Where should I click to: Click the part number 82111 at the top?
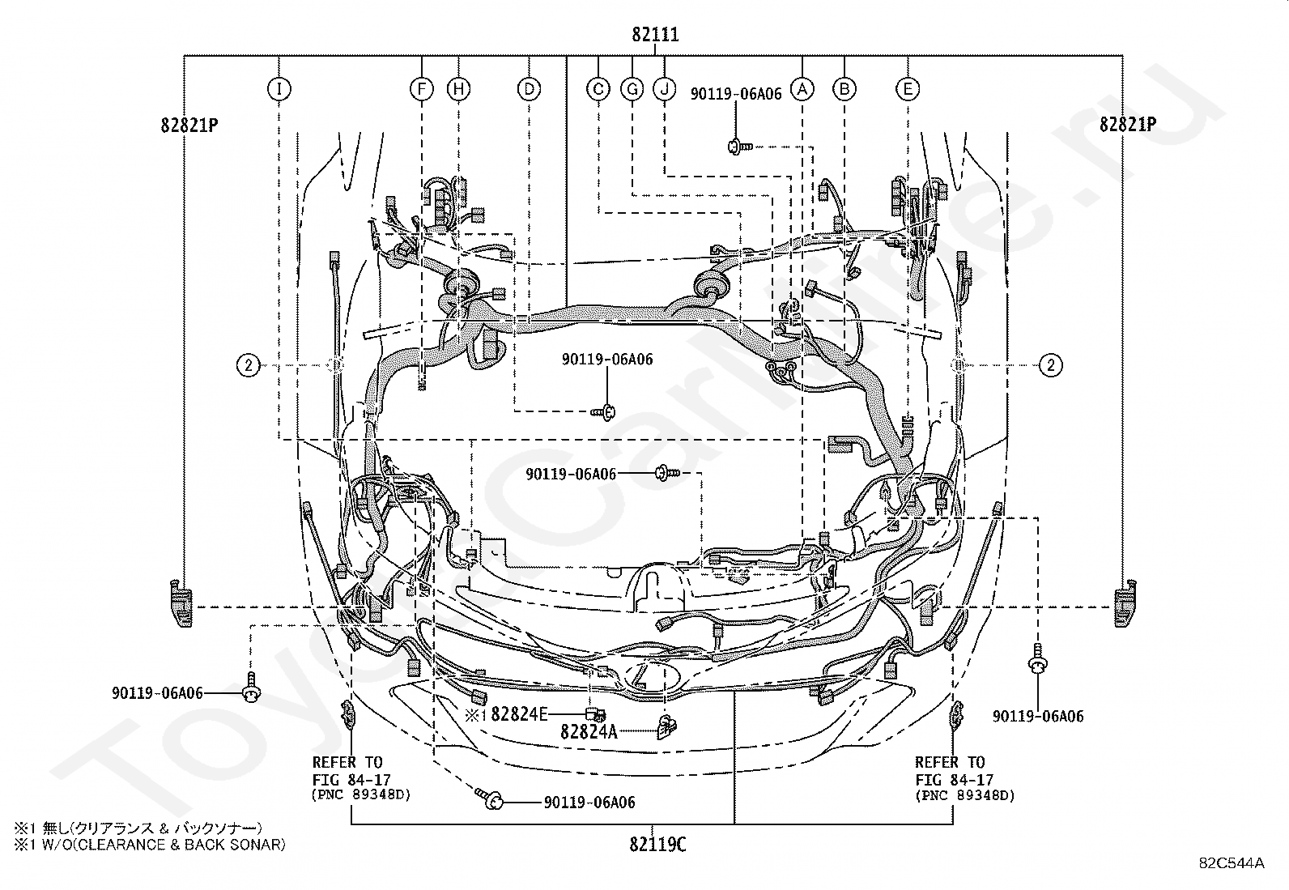tap(656, 35)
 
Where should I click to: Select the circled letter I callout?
tap(279, 88)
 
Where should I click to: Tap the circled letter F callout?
tap(422, 88)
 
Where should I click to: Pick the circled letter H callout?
tap(458, 88)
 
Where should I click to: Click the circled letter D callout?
tap(529, 88)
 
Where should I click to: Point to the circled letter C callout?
tap(598, 88)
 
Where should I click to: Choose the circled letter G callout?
tap(632, 88)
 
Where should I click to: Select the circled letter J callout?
tap(665, 88)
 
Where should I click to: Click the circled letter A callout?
tap(802, 88)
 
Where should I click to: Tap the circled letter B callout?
tap(844, 88)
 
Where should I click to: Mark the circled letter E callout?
tap(908, 88)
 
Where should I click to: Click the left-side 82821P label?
tap(189, 125)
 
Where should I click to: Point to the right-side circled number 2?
tap(1051, 365)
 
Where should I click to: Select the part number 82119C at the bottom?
tap(657, 845)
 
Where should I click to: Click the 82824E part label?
tap(519, 714)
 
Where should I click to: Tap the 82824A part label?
tap(589, 732)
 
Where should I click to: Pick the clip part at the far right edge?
tap(1125, 603)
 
